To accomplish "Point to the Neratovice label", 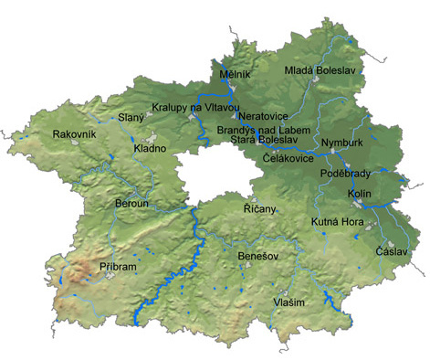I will (x=263, y=117).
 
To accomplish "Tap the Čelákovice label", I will (x=288, y=158).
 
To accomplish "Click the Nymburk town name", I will (x=342, y=144).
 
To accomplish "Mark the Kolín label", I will (x=359, y=195).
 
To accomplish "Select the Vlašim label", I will (x=288, y=302).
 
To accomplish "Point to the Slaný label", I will (x=131, y=117).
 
